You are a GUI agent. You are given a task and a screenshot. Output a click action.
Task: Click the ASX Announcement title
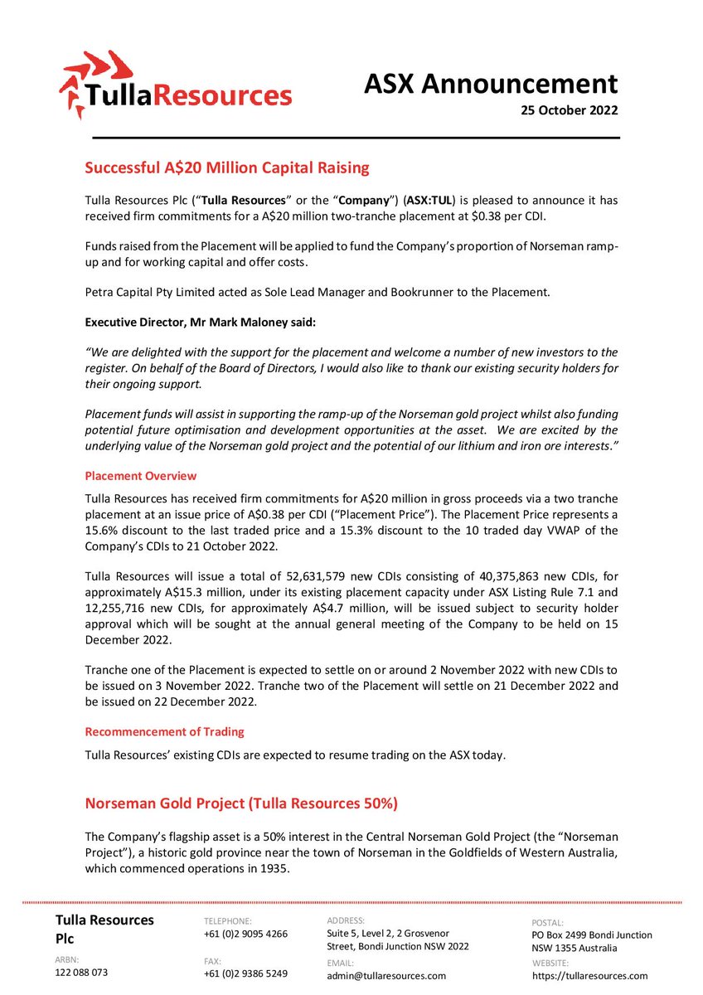(x=492, y=84)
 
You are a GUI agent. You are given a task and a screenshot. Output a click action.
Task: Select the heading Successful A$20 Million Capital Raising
(x=227, y=167)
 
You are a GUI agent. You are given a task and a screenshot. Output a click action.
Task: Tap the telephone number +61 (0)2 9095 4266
(x=245, y=934)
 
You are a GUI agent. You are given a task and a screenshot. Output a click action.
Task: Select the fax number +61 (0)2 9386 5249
(x=245, y=973)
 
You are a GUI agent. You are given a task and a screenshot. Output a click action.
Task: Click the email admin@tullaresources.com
(x=386, y=976)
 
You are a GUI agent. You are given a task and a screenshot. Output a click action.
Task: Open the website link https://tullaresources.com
(x=590, y=976)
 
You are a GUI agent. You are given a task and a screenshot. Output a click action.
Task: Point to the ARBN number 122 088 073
(x=81, y=973)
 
